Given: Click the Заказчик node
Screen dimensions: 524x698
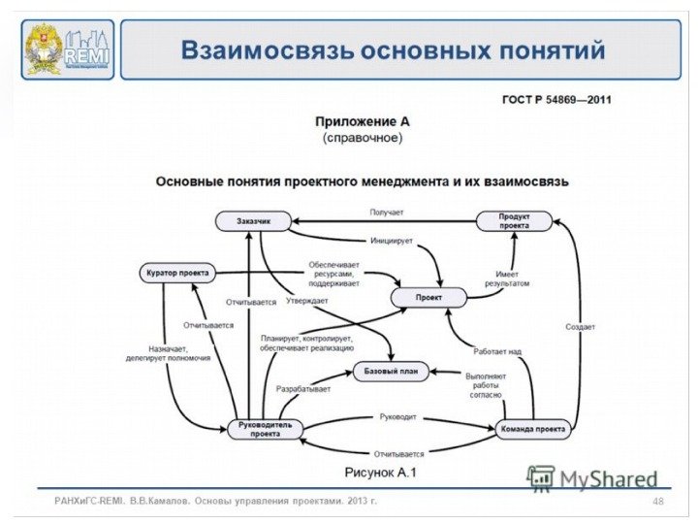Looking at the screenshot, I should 252,222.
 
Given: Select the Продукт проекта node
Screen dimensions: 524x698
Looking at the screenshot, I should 514,221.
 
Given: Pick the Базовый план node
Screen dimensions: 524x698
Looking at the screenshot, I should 391,372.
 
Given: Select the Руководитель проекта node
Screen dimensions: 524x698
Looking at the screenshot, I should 265,429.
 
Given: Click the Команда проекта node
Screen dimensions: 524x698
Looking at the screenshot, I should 532,428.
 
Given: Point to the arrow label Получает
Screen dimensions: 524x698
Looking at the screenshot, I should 386,212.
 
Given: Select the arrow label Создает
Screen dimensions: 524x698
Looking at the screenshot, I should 580,327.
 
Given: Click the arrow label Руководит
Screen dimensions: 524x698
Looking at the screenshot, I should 397,417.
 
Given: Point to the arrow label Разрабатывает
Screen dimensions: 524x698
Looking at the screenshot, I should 303,389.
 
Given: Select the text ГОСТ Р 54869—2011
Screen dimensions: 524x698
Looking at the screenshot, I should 555,99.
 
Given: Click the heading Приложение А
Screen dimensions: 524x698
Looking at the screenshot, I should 356,122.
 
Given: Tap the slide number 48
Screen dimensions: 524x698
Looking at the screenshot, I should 658,501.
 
